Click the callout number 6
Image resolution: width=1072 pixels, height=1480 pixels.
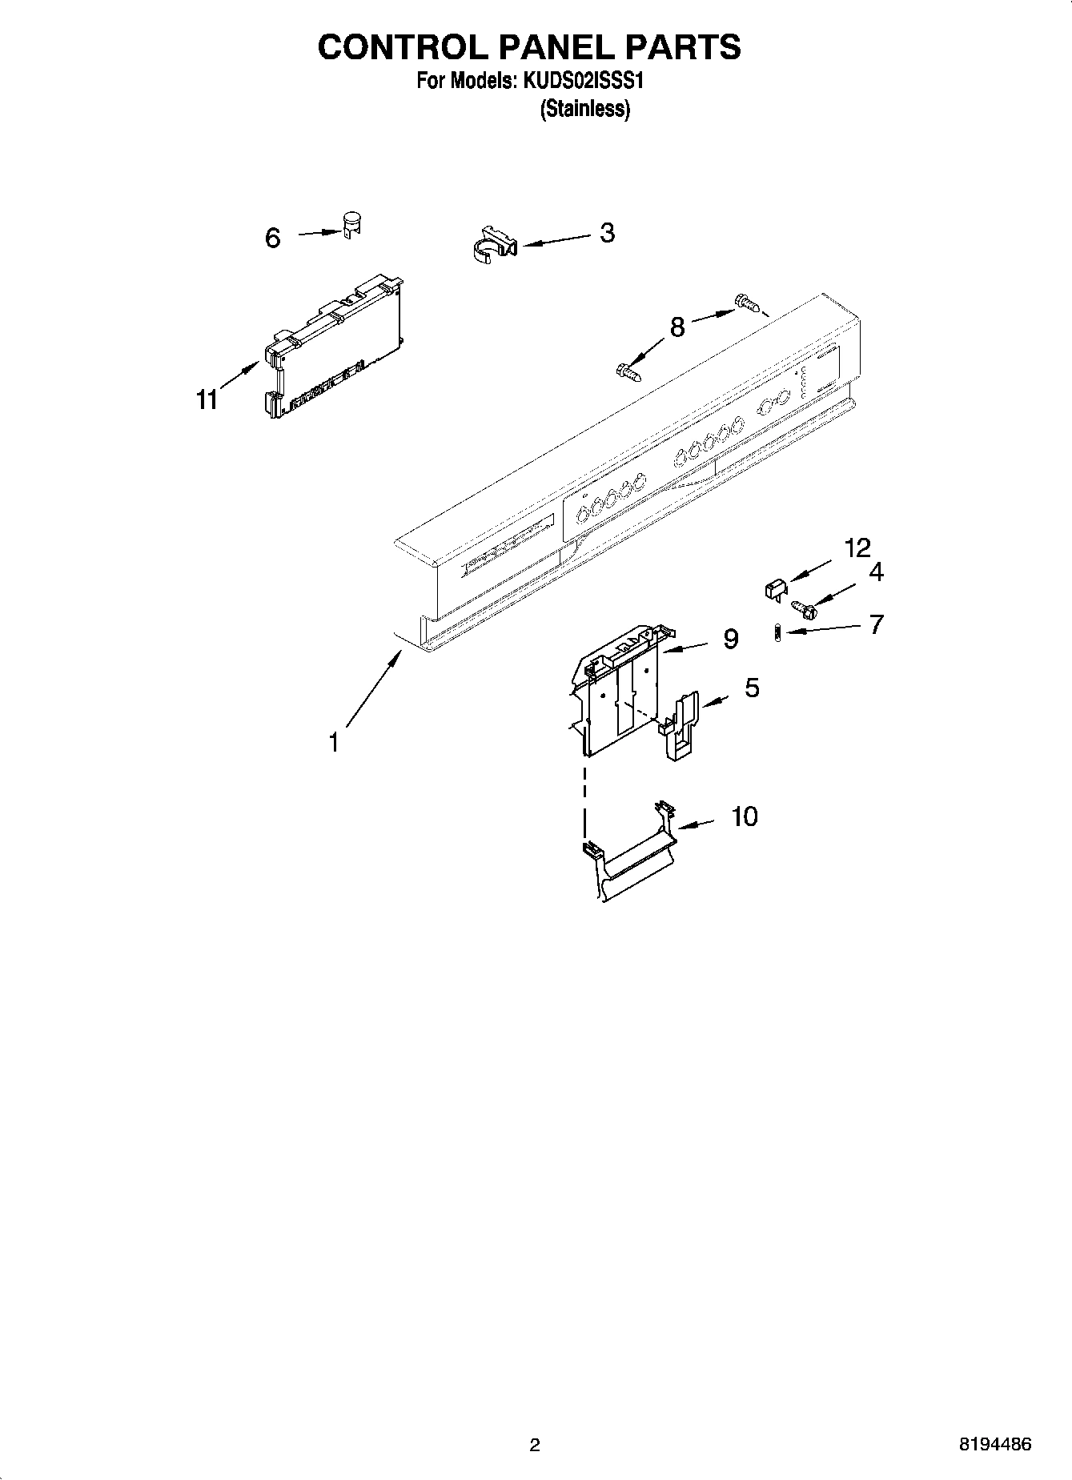[x=273, y=238]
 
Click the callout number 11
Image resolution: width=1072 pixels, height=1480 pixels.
[x=207, y=399]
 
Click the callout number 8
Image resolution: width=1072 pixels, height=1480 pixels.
[x=677, y=327]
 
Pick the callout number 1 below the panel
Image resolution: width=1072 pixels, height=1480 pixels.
[x=333, y=742]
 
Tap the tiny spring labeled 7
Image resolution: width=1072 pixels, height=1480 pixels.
[x=777, y=633]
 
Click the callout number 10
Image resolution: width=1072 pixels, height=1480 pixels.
[x=745, y=816]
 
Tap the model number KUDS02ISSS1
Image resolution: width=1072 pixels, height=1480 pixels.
[x=584, y=81]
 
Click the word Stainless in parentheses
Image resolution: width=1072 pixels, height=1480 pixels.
[x=585, y=109]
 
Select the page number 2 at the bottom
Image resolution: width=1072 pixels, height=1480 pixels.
[x=535, y=1445]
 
